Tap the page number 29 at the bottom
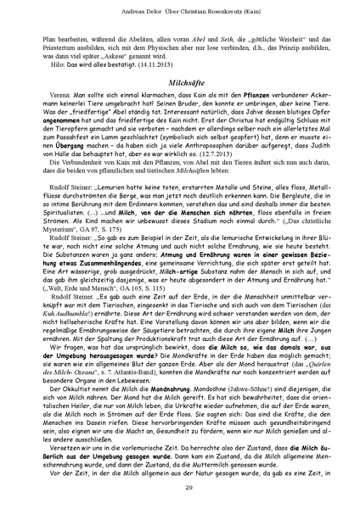tap(180, 484)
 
